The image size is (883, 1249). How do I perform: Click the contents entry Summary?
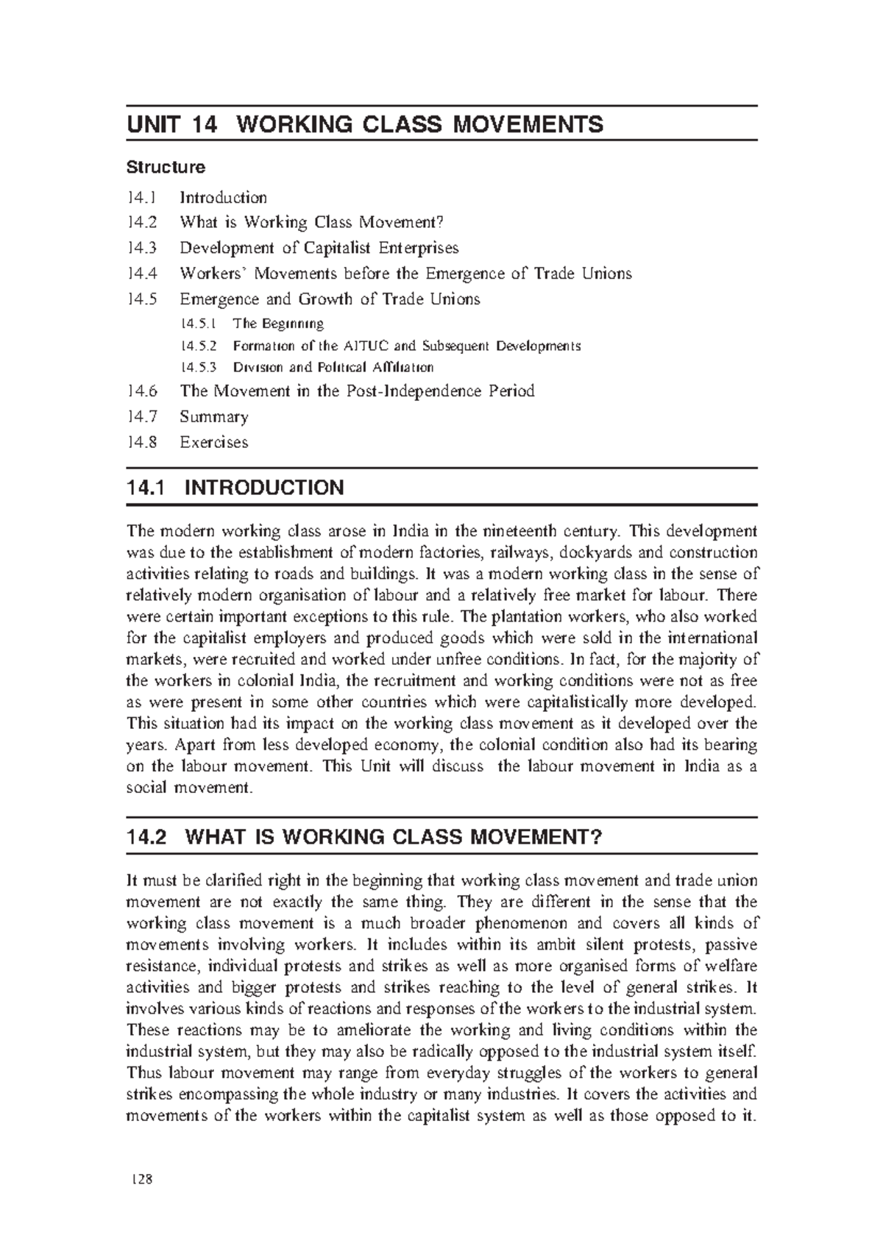coord(213,417)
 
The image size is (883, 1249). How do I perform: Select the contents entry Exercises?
coord(213,443)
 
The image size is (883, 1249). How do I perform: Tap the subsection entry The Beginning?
coord(277,324)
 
